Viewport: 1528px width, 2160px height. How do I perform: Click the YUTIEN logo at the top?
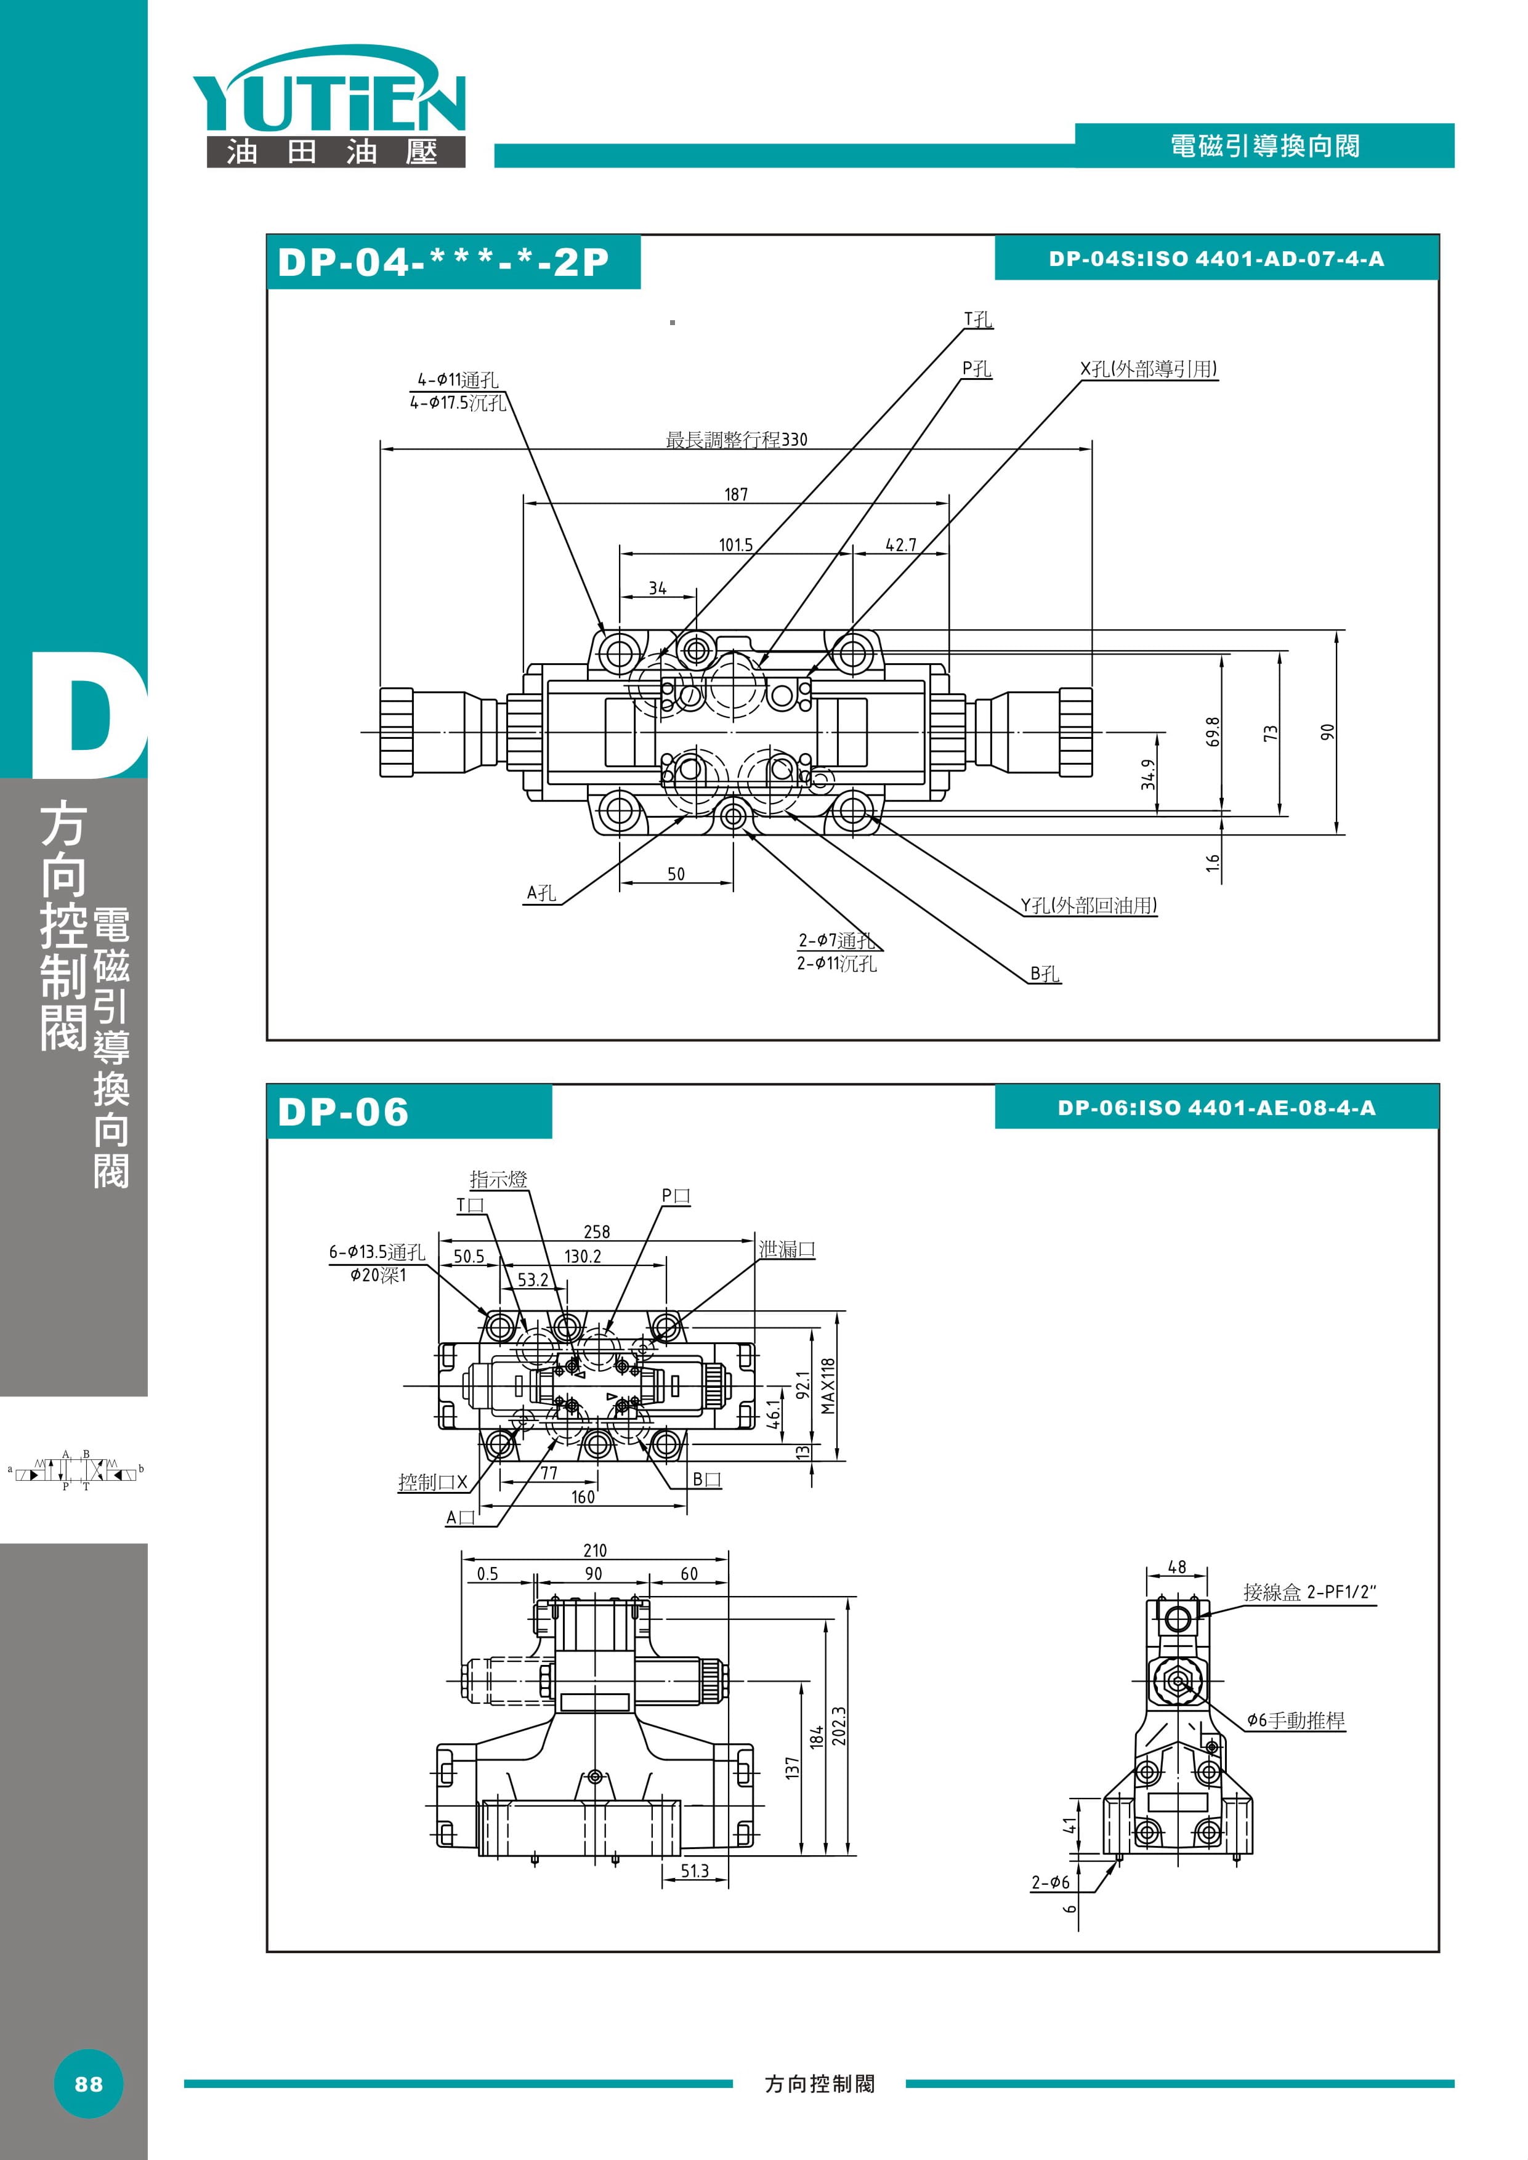coord(330,105)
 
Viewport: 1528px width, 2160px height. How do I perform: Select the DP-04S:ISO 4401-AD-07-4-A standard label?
coord(1216,259)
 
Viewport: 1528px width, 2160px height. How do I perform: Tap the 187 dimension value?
coord(736,494)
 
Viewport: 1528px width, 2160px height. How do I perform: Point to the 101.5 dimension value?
coord(736,545)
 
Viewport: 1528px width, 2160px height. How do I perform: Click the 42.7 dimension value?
coord(900,545)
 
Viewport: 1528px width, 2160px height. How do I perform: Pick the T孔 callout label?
coord(977,320)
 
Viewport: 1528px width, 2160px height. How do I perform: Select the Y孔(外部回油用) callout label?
coord(1089,905)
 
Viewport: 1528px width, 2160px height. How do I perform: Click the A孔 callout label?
coord(541,893)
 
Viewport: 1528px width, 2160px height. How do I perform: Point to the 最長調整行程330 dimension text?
coord(736,440)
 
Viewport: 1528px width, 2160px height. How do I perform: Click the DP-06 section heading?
coord(344,1112)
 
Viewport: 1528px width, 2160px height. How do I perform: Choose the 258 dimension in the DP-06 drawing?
coord(597,1231)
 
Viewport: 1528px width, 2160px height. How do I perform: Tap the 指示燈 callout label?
coord(499,1179)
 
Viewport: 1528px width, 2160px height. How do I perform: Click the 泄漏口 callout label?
coord(786,1249)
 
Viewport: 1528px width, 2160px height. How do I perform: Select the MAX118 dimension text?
coord(828,1386)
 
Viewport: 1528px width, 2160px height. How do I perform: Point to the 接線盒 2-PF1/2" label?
coord(1309,1592)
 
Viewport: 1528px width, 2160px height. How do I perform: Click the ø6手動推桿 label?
coord(1296,1720)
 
